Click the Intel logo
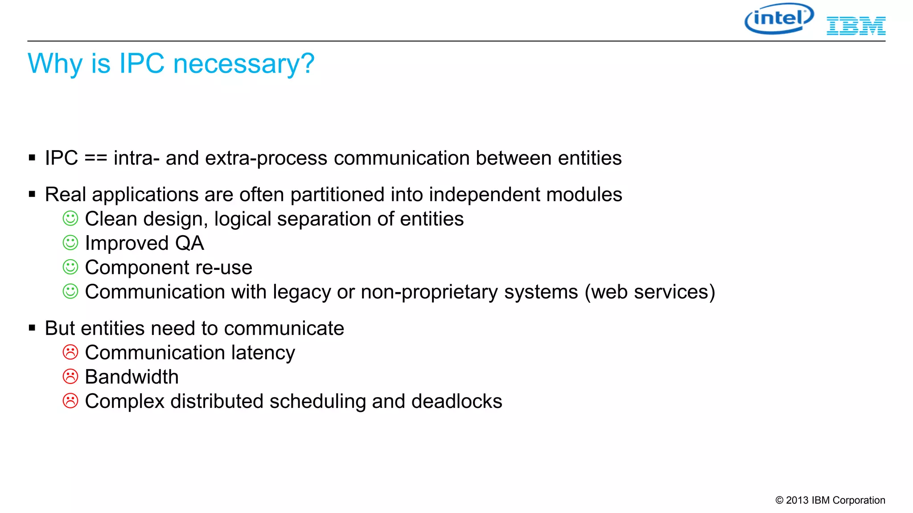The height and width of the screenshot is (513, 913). pyautogui.click(x=779, y=19)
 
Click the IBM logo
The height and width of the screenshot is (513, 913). pyautogui.click(x=856, y=26)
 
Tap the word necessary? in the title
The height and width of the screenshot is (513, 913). pyautogui.click(x=244, y=64)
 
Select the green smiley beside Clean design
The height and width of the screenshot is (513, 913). pyautogui.click(x=70, y=219)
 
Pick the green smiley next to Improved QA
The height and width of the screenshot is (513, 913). pyautogui.click(x=70, y=243)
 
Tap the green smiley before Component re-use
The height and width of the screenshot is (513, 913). pyautogui.click(x=70, y=267)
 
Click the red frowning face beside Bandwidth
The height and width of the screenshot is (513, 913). pyautogui.click(x=70, y=377)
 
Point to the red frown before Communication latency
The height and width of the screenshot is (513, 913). pyautogui.click(x=70, y=352)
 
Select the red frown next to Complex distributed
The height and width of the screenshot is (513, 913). pyautogui.click(x=70, y=401)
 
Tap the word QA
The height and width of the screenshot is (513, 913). pyautogui.click(x=189, y=243)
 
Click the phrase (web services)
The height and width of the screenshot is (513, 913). pyautogui.click(x=650, y=292)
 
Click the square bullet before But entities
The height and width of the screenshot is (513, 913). pyautogui.click(x=32, y=328)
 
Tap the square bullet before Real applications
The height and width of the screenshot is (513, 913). pyautogui.click(x=32, y=194)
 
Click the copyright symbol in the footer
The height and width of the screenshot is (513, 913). pyautogui.click(x=779, y=501)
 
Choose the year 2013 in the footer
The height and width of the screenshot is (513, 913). pyautogui.click(x=797, y=501)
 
